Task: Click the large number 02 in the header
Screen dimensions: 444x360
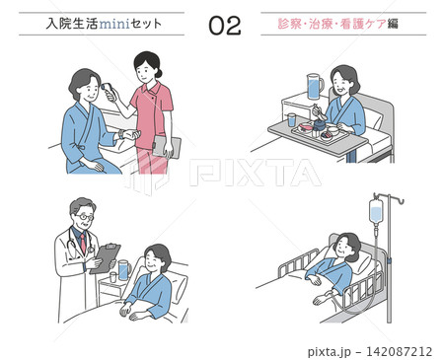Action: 225,26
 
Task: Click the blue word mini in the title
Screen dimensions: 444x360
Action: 114,24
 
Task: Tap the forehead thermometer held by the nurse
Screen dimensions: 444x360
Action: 108,91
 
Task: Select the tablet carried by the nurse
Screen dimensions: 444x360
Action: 167,147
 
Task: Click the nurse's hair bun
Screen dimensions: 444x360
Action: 159,73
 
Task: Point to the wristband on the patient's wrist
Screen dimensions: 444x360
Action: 121,134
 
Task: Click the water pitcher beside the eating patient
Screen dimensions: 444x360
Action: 315,86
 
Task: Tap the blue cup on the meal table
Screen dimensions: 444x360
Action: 291,120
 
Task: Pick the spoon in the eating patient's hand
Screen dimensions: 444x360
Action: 319,111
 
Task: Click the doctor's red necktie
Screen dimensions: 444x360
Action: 83,243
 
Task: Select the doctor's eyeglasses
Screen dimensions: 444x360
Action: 85,217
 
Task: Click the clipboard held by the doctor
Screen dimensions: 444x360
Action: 106,258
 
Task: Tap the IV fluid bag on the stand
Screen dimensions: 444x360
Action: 376,210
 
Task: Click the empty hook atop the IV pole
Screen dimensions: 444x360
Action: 400,200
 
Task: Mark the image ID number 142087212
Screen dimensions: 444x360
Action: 399,351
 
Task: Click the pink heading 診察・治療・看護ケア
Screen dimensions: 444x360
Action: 332,24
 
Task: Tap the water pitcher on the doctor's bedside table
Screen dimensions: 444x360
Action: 124,269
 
